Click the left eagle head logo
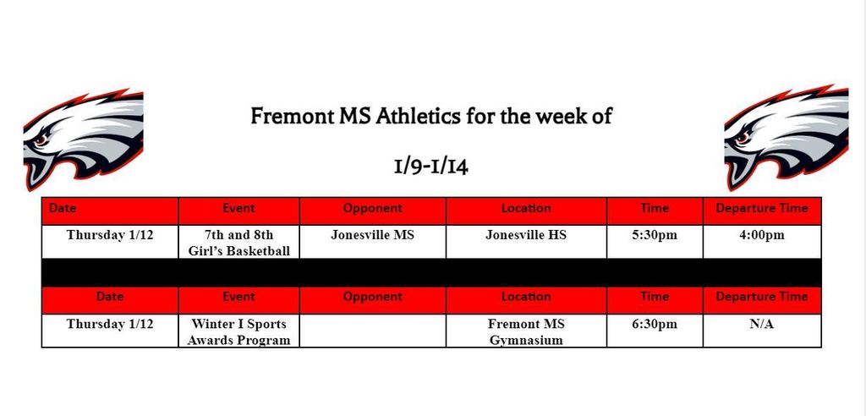(83, 140)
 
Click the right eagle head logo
(787, 138)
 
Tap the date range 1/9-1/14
(430, 167)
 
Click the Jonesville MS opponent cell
(372, 242)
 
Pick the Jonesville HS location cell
(526, 242)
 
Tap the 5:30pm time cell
(655, 242)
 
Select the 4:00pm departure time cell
(762, 242)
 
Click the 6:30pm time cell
(655, 331)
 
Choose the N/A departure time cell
(762, 331)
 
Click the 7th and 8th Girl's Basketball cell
(238, 242)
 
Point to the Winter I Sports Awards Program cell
(238, 331)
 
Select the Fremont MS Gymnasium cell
(526, 331)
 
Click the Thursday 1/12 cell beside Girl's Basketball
(110, 242)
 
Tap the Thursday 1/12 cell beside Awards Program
(110, 331)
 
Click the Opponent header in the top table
(372, 209)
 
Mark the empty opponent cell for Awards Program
(372, 331)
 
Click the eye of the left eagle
(41, 140)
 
